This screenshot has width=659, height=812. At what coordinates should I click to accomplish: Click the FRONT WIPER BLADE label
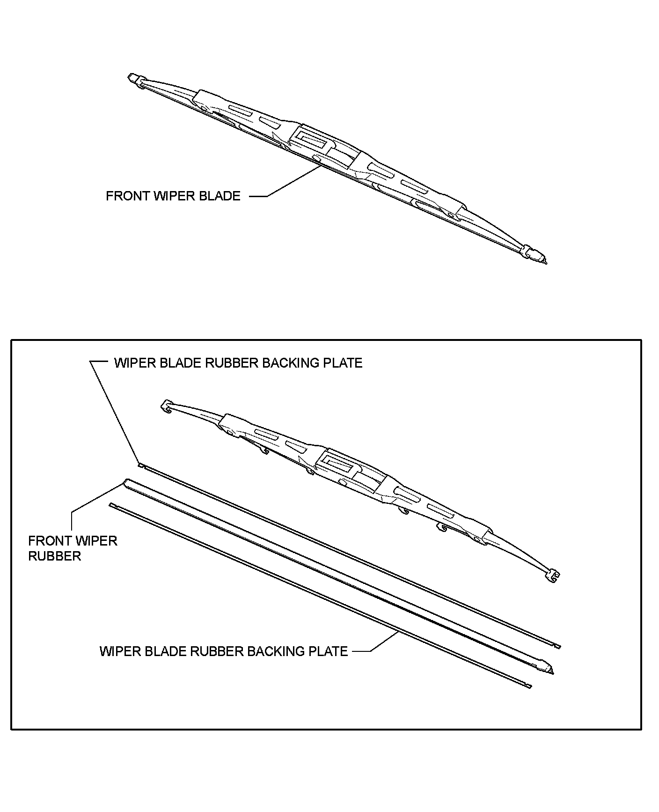[x=173, y=196]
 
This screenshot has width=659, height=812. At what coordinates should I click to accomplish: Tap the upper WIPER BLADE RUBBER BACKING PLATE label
[x=238, y=363]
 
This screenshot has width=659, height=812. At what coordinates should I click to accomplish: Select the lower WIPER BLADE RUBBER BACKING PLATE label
[x=223, y=651]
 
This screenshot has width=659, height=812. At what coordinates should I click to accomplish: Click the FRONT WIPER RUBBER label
[x=73, y=548]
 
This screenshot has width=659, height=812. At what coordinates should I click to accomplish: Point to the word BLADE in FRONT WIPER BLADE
[x=220, y=196]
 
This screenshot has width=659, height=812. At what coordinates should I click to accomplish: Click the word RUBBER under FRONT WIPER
[x=55, y=556]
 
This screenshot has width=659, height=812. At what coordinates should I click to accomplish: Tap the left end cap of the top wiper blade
[x=135, y=79]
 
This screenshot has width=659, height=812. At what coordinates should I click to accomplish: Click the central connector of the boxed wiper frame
[x=337, y=462]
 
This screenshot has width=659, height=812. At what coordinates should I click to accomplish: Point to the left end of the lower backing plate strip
[x=111, y=505]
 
